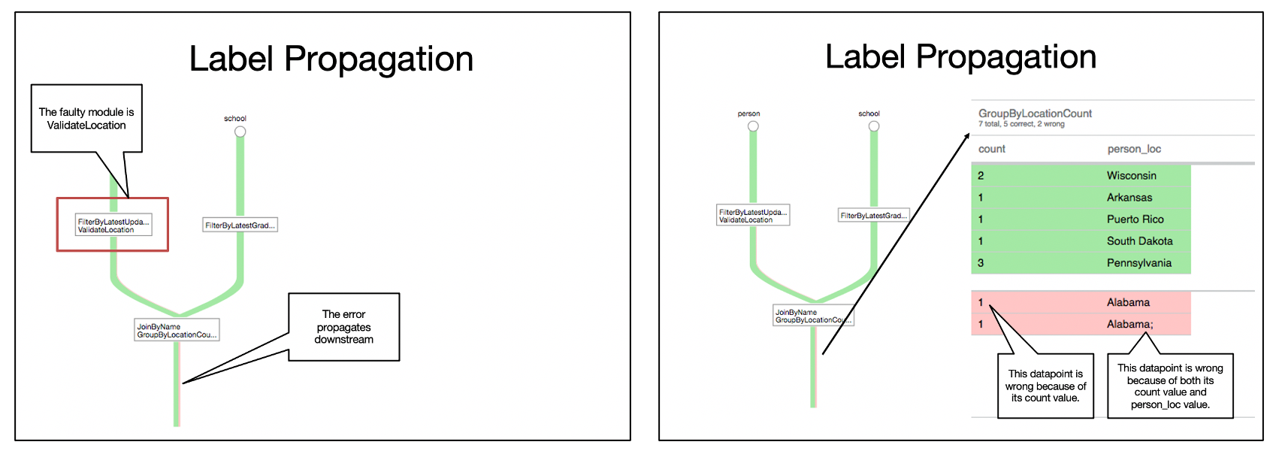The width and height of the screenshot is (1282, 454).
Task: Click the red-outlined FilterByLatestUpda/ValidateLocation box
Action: point(113,225)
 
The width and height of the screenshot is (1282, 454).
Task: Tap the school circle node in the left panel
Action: point(240,132)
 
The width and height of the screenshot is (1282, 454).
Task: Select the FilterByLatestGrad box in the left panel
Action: point(240,225)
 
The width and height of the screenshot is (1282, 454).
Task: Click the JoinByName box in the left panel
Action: point(177,330)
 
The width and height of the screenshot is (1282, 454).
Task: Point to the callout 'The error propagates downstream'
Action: point(344,327)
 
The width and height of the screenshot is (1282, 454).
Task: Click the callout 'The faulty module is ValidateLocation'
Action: point(86,119)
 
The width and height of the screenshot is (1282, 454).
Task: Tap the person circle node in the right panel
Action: point(753,126)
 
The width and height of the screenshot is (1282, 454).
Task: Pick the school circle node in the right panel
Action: point(874,126)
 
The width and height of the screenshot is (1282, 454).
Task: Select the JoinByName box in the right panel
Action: point(813,316)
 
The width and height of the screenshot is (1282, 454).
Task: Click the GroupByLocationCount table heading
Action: point(1035,113)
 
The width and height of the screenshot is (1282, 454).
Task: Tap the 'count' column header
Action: point(992,149)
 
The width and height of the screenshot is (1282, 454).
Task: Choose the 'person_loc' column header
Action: point(1134,149)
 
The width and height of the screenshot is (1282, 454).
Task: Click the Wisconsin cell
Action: point(1132,176)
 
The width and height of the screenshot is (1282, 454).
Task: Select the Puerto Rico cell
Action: point(1135,219)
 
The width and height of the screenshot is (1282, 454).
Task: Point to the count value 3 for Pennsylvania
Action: point(981,263)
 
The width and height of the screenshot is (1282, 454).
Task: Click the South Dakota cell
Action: point(1139,241)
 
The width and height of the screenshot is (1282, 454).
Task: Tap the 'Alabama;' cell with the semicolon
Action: point(1129,325)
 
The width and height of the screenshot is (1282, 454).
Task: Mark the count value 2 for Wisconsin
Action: point(981,176)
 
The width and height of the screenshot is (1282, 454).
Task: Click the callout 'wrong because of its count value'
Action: point(1045,386)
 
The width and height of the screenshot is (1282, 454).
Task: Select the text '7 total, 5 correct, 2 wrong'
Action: point(1021,124)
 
